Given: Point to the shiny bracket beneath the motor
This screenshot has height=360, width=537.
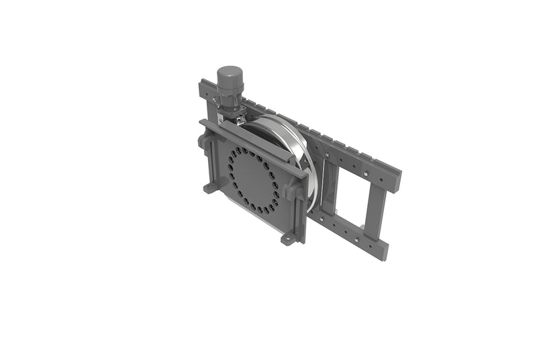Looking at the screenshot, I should point(231,115).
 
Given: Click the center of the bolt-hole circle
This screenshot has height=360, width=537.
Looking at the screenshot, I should point(253,180).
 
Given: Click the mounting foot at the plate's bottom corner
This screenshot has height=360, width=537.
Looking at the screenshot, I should point(289,238).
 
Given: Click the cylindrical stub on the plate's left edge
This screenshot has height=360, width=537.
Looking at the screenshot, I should point(201,142).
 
